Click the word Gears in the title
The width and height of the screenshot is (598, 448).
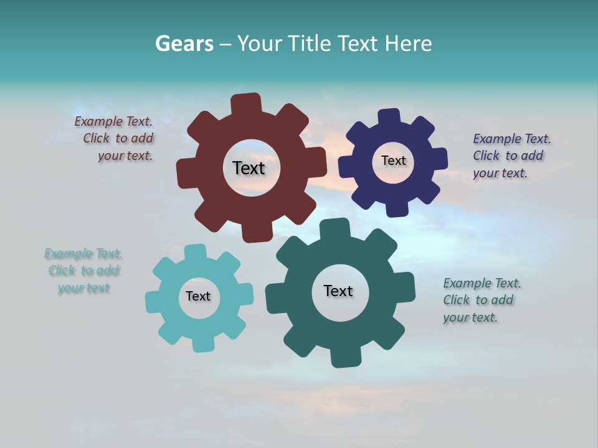click(x=184, y=44)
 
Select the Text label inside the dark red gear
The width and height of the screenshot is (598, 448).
click(x=249, y=168)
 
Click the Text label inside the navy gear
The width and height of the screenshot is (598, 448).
click(x=393, y=161)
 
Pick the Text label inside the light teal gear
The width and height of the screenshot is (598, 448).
click(x=198, y=296)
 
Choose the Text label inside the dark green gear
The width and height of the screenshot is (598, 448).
click(x=338, y=291)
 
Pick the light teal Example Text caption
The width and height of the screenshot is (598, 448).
click(x=83, y=271)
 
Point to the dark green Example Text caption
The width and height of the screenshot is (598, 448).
click(x=479, y=300)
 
